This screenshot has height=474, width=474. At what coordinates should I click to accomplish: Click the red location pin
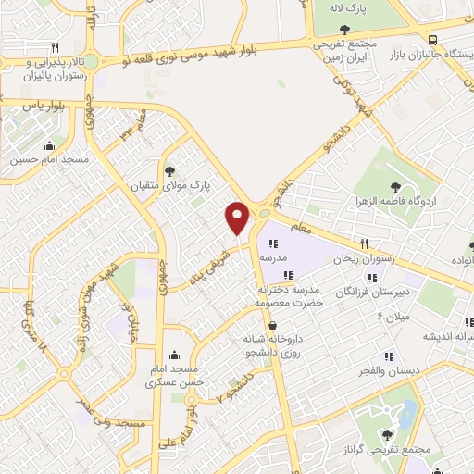[238, 218]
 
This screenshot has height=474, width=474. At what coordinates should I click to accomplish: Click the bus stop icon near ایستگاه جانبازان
[433, 39]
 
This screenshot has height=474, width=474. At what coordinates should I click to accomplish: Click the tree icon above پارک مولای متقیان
[169, 170]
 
